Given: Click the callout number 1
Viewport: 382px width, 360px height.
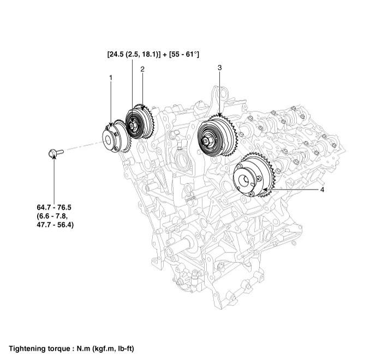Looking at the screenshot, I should click(x=111, y=78).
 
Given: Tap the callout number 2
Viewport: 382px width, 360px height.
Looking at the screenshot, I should click(x=142, y=69).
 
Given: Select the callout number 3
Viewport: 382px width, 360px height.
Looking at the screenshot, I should click(x=219, y=68).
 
